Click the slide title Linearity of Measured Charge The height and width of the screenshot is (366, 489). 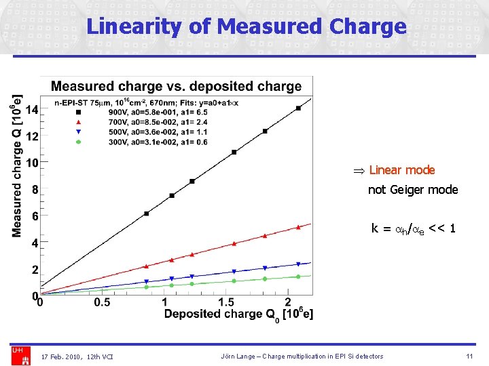[246, 26]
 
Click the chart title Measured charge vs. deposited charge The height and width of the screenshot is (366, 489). [177, 87]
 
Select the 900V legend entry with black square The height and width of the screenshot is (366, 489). [136, 111]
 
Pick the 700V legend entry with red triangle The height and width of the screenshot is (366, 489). [136, 121]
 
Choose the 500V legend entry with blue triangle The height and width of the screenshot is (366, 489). [136, 131]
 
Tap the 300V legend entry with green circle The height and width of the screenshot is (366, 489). [136, 142]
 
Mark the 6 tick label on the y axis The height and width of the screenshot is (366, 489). [35, 216]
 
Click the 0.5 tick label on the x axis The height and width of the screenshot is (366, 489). [102, 302]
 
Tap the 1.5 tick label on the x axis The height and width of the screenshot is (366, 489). [226, 302]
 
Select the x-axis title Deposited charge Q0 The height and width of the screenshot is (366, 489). [238, 314]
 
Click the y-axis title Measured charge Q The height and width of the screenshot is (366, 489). [18, 166]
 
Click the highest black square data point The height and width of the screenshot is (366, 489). [298, 108]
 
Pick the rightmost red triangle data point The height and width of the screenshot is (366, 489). [298, 227]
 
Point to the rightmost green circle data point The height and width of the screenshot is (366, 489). [298, 277]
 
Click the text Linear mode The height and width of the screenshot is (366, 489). [401, 170]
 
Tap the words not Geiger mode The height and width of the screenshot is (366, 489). [413, 190]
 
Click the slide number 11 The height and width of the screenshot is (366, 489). [469, 357]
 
